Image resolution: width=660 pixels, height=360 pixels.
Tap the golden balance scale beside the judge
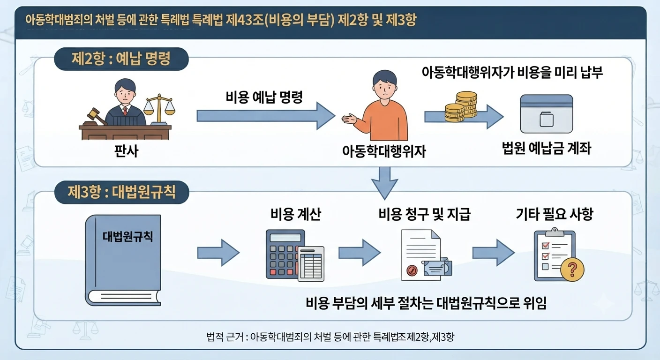coord(159,110)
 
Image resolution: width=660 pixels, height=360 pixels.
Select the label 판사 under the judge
coord(126,151)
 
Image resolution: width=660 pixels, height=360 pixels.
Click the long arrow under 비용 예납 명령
coord(266,116)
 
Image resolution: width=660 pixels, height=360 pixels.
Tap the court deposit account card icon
coord(547,114)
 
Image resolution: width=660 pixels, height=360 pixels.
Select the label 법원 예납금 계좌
coord(546,148)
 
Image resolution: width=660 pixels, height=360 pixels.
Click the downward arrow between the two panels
coord(384,183)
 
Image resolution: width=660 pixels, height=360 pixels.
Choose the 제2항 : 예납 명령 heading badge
coord(121,59)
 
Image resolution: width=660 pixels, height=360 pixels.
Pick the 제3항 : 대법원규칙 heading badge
coord(122,192)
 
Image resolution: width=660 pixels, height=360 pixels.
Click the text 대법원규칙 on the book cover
coord(127,236)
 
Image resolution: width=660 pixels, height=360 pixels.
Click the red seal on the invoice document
coord(412,270)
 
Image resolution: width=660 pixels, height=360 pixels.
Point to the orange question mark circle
coord(572,270)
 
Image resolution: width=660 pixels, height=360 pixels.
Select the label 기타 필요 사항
coord(554,214)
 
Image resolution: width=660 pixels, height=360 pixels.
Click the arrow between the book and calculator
coord(218,253)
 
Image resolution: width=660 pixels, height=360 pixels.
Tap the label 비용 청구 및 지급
coord(424,214)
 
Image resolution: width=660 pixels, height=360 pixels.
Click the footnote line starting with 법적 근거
coord(330,337)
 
